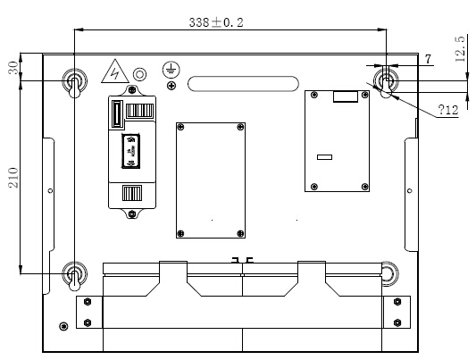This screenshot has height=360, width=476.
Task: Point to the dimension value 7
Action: pyautogui.click(x=428, y=59)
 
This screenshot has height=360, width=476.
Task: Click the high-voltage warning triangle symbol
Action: pyautogui.click(x=113, y=71)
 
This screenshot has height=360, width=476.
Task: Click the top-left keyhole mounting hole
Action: pyautogui.click(x=75, y=83)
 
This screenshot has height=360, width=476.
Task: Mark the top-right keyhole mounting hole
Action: pyautogui.click(x=386, y=82)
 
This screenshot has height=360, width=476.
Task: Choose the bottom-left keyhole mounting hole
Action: pyautogui.click(x=75, y=275)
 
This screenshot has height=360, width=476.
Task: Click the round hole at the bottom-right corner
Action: pyautogui.click(x=390, y=272)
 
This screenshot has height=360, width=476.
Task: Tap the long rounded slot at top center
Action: pyautogui.click(x=244, y=84)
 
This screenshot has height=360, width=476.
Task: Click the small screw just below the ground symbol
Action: pyautogui.click(x=171, y=86)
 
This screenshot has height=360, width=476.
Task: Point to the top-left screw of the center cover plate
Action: pyautogui.click(x=181, y=128)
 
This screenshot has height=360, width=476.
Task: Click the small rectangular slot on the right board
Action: pyautogui.click(x=324, y=157)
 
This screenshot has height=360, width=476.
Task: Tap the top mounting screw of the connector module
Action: pyautogui.click(x=129, y=90)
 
